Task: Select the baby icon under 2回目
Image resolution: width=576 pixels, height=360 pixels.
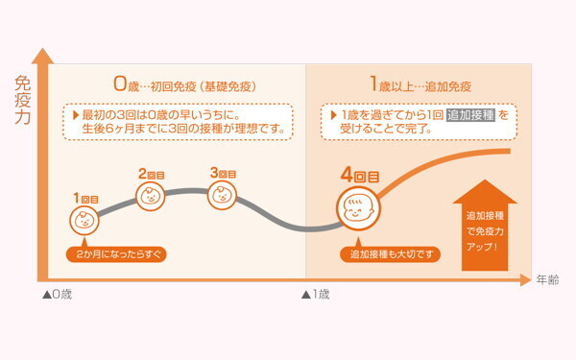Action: [x=152, y=197]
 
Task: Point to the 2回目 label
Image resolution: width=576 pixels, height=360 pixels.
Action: [x=152, y=175]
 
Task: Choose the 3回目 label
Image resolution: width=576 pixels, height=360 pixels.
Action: [x=223, y=174]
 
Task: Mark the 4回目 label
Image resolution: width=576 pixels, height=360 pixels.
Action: [x=360, y=177]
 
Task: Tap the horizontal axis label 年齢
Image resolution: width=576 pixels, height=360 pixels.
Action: [x=547, y=279]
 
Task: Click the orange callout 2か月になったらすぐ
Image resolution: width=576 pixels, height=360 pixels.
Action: [x=115, y=254]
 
